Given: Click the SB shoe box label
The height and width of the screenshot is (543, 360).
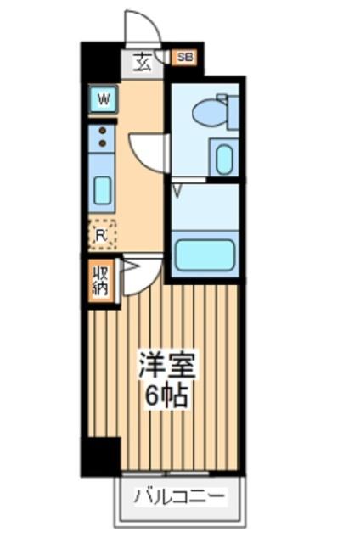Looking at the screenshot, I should pos(184,59).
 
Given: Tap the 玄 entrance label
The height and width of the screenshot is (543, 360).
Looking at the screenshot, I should pos(141,62).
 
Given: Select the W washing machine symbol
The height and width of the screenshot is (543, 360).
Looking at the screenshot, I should pos(104,99).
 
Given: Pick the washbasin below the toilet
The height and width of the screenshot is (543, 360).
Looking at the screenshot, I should pos(224,159).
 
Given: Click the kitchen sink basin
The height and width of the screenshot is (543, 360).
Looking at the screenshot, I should pos(103,190).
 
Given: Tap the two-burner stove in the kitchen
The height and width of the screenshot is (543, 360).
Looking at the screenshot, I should pos(103,137).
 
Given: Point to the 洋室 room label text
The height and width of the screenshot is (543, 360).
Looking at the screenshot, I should pos(167,367).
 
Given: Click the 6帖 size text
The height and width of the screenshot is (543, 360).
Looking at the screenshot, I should pos(167,395).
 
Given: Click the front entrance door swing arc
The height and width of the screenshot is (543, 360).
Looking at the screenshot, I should pos(143,27).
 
